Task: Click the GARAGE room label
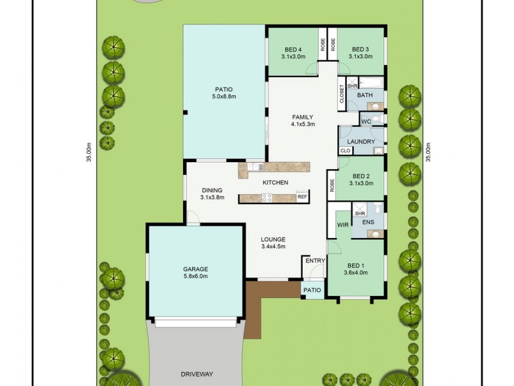[x=195, y=269]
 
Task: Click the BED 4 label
[x=292, y=50]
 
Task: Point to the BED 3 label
[x=360, y=50]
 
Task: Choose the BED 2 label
[x=360, y=176]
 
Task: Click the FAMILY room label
[x=303, y=116]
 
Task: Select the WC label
[x=366, y=122]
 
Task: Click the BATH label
[x=364, y=95]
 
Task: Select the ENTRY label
[x=315, y=261]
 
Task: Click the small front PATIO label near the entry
[x=312, y=290]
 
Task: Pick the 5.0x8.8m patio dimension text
[x=224, y=96]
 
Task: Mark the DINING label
[x=211, y=190]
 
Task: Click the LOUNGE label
[x=273, y=239]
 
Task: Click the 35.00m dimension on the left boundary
[x=89, y=152]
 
